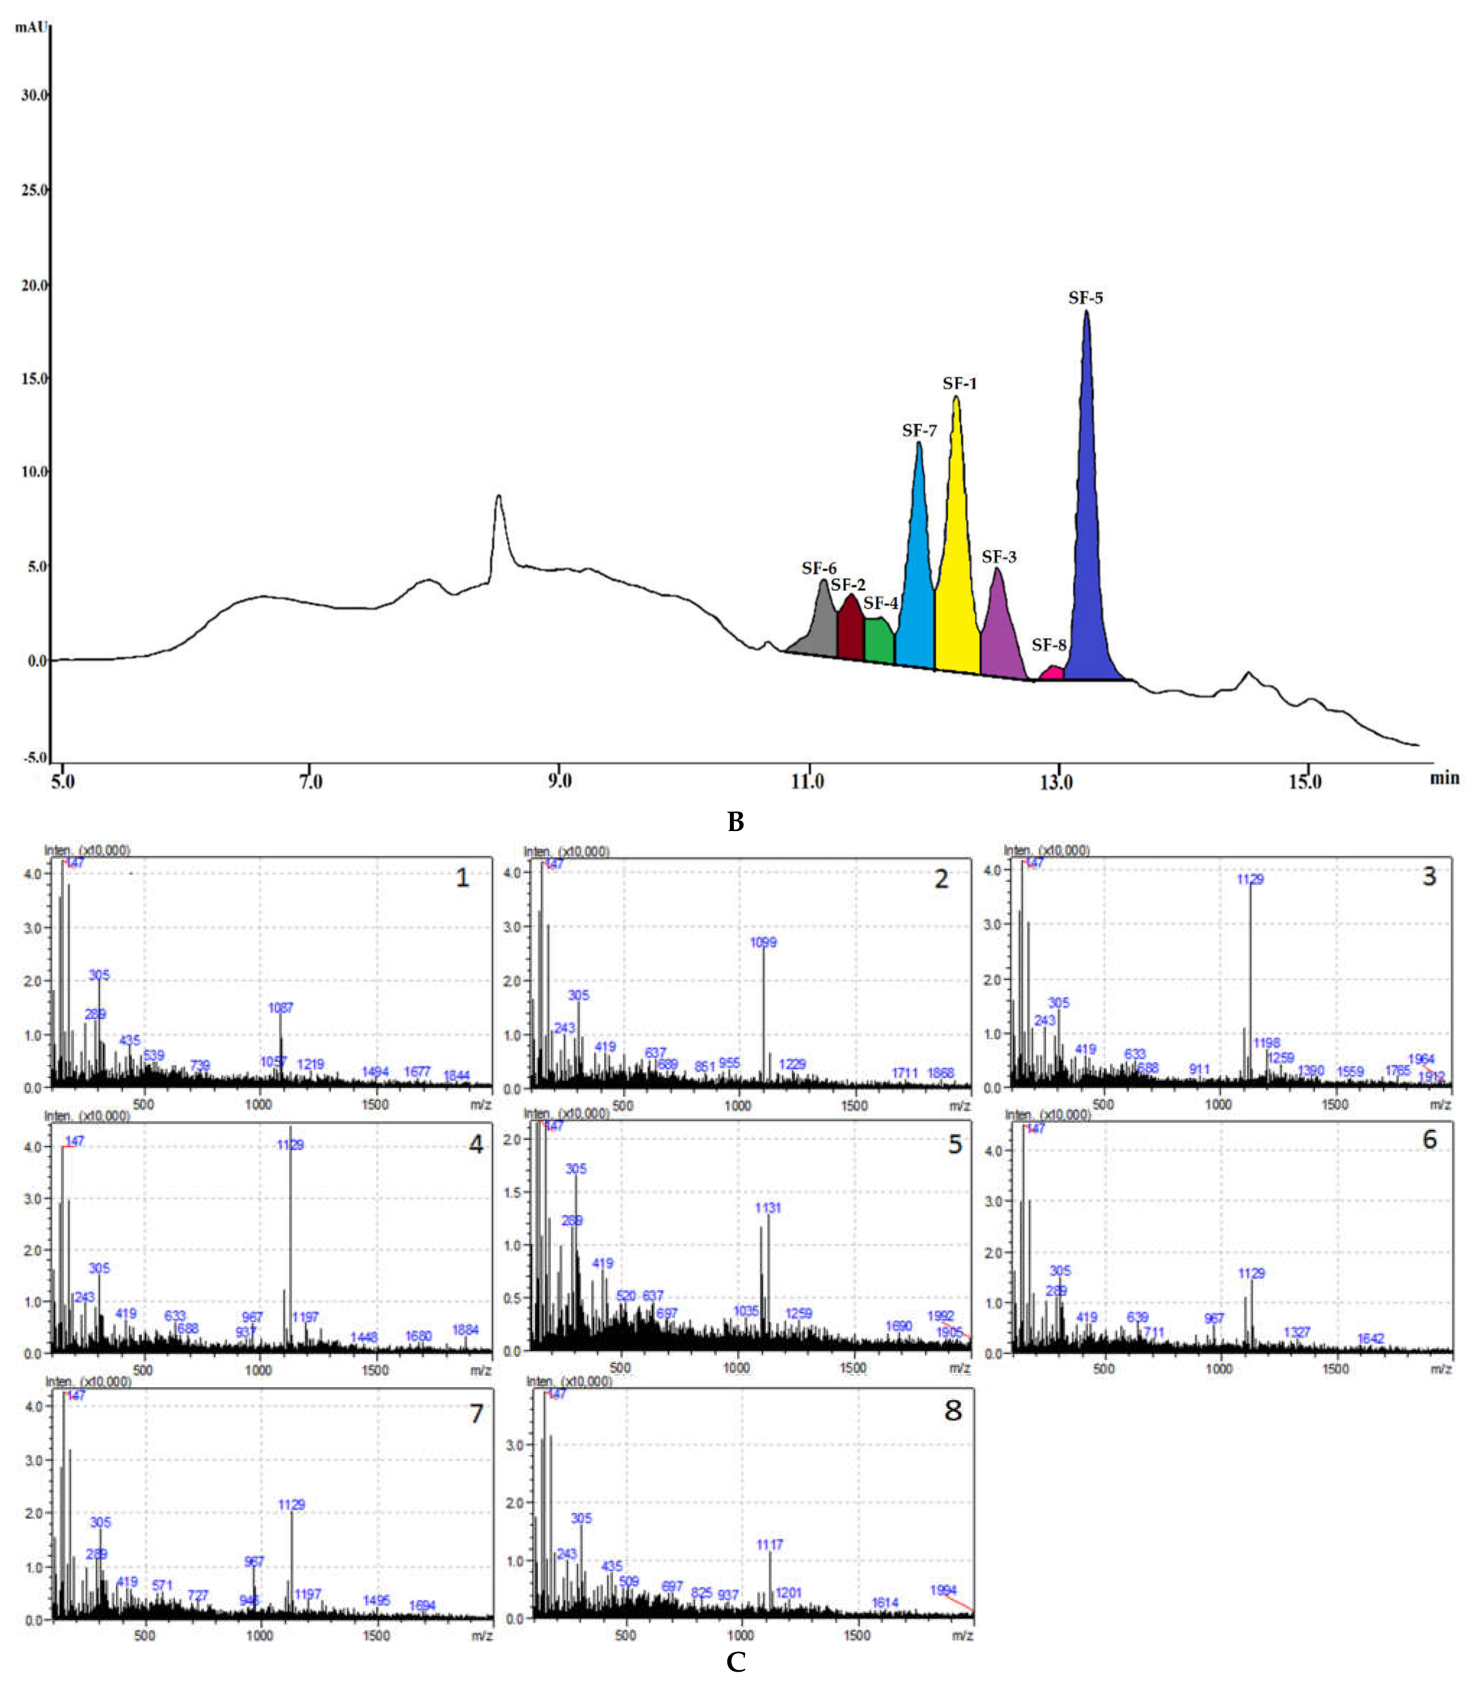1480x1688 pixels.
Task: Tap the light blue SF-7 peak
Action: pos(917,578)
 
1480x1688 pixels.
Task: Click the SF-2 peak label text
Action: pos(848,585)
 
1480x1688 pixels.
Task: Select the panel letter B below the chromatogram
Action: pos(735,822)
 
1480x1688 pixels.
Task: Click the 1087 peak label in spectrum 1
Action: pos(281,1008)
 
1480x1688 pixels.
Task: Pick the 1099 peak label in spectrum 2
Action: pos(763,942)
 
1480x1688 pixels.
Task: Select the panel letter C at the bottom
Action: pos(735,1662)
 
